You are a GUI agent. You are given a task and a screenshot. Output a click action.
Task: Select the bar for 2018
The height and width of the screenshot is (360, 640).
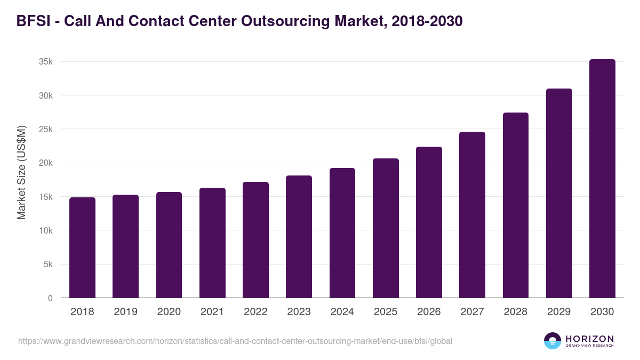click(82, 247)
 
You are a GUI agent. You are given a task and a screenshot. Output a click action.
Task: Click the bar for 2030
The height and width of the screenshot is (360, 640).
click(602, 179)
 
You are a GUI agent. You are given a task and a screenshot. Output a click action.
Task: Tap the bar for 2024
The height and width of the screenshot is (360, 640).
click(342, 233)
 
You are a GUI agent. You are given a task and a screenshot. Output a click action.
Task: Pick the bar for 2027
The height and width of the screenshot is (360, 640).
click(472, 215)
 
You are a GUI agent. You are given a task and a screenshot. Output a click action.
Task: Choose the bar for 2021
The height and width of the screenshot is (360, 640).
click(212, 243)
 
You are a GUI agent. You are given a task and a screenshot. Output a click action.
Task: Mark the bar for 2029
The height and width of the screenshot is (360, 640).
click(559, 193)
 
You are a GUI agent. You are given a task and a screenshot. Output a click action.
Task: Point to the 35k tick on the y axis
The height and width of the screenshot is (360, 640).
click(46, 62)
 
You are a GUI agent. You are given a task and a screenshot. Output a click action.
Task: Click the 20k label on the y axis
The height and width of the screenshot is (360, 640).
click(46, 163)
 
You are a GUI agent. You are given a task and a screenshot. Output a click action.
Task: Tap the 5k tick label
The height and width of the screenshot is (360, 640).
click(48, 265)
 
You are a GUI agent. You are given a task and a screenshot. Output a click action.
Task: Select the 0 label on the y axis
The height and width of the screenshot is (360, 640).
click(50, 298)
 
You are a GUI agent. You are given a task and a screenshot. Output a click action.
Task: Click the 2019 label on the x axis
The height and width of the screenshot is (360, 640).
click(125, 312)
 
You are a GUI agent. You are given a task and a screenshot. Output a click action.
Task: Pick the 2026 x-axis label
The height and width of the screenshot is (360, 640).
click(429, 312)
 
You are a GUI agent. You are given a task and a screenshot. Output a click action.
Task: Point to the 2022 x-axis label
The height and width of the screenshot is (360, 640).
click(255, 312)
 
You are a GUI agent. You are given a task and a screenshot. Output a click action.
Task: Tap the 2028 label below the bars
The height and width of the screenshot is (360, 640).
click(516, 312)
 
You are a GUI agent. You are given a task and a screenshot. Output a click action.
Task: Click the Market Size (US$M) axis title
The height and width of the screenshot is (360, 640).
click(21, 173)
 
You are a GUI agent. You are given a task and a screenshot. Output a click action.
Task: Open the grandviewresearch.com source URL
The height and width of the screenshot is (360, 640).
click(235, 341)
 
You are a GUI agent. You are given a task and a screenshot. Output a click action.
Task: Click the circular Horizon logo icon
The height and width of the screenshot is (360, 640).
click(553, 341)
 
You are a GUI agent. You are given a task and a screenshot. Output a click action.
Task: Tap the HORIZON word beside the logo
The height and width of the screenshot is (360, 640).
click(589, 338)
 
